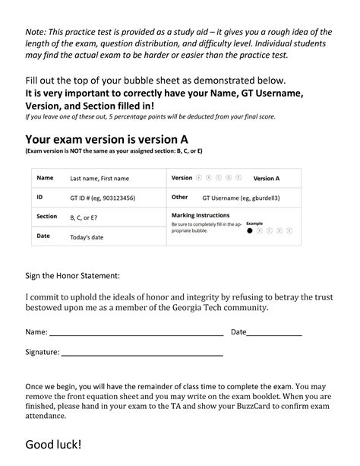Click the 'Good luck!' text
(54, 445)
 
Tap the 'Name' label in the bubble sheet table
(46, 178)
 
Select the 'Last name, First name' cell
(99, 179)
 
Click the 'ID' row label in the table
(40, 197)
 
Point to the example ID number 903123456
(117, 198)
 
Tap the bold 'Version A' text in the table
(267, 179)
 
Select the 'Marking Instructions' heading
(203, 216)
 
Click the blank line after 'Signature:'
(141, 354)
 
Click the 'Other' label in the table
(180, 197)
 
